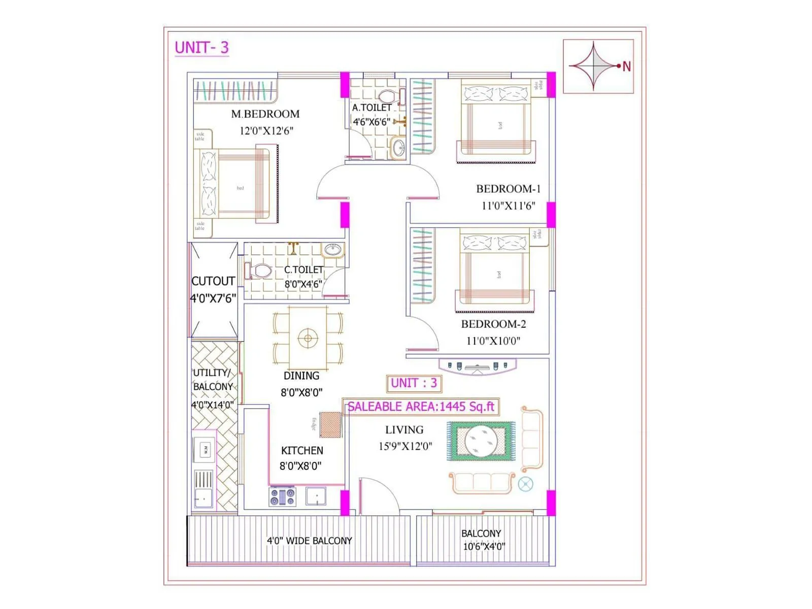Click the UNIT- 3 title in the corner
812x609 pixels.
click(x=201, y=48)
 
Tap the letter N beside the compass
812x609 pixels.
click(x=627, y=66)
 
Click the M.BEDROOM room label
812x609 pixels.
click(x=265, y=114)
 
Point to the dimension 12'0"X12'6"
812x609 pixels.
click(x=266, y=131)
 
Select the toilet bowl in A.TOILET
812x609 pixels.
click(x=387, y=96)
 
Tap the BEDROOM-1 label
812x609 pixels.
click(x=508, y=189)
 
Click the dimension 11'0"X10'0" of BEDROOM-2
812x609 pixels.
click(x=493, y=341)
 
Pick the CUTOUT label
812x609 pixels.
click(x=213, y=281)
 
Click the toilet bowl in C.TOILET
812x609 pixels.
click(x=261, y=270)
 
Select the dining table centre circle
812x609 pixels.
click(x=308, y=337)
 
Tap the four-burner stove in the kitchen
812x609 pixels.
click(x=282, y=496)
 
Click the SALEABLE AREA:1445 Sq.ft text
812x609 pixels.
click(x=421, y=407)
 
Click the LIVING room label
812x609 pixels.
click(x=404, y=430)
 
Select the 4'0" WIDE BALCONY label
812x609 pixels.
click(x=309, y=541)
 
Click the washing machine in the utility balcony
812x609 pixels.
click(x=205, y=449)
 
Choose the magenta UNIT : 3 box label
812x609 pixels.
click(x=414, y=383)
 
